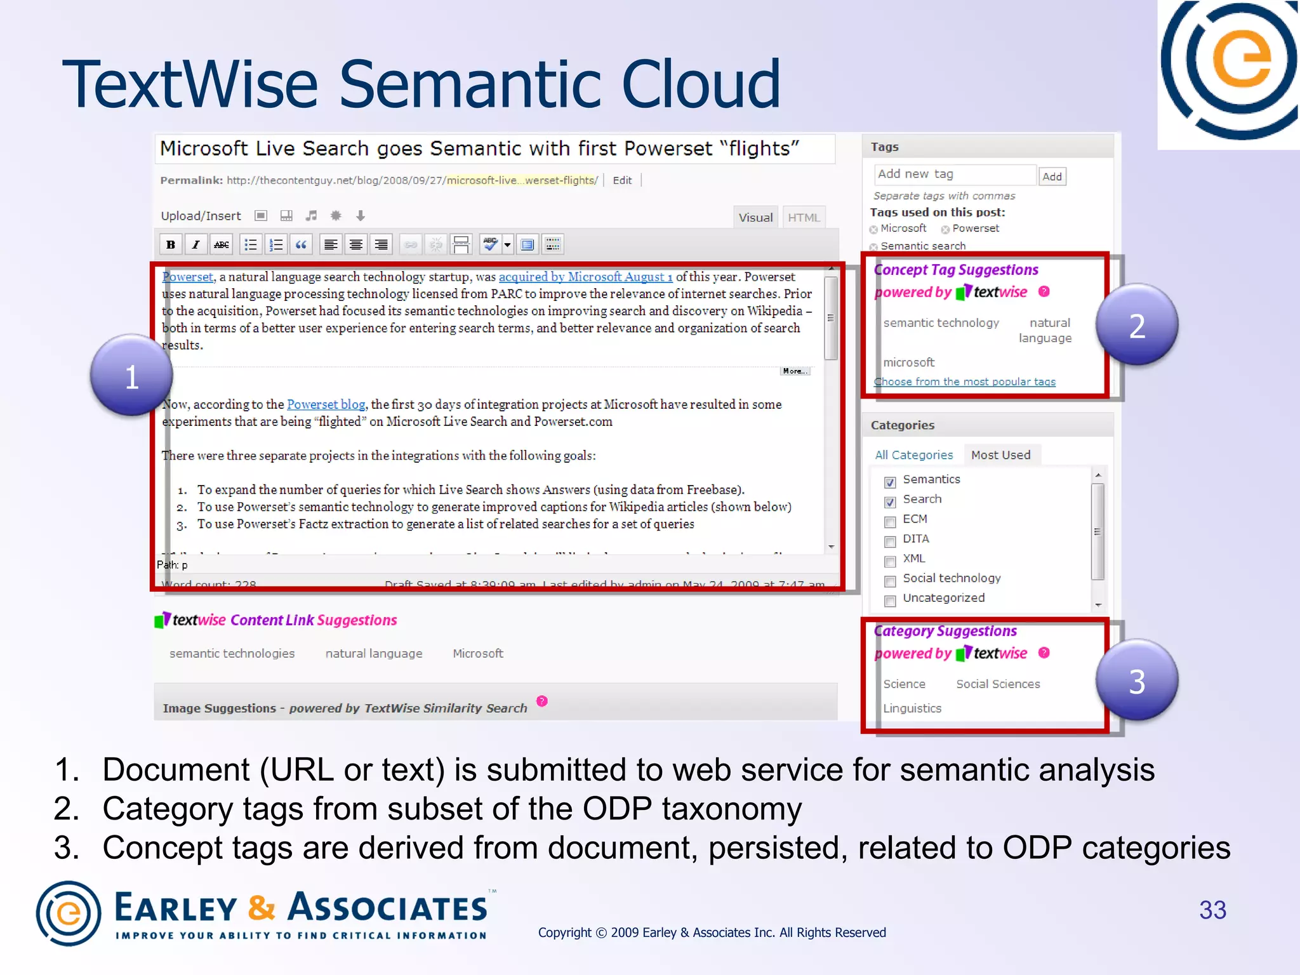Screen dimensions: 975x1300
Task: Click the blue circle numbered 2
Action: [x=1136, y=324]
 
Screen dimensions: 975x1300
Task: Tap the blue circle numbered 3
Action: [x=1136, y=680]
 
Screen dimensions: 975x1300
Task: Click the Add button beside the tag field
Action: [x=1052, y=176]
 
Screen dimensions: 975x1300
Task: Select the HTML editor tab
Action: [x=804, y=217]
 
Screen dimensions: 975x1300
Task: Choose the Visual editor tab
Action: [x=755, y=217]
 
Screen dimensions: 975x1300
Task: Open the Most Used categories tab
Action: [x=1000, y=454]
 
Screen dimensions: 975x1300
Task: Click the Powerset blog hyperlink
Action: [x=326, y=404]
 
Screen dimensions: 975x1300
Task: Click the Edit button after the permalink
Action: [x=622, y=180]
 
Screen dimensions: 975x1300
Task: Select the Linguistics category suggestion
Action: [x=912, y=708]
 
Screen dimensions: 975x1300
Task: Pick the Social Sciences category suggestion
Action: [x=998, y=684]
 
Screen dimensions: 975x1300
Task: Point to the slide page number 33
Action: [x=1212, y=910]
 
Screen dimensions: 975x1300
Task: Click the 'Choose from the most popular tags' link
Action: [x=964, y=381]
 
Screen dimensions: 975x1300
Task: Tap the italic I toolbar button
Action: [x=196, y=244]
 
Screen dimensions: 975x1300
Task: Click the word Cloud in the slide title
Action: [x=701, y=84]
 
